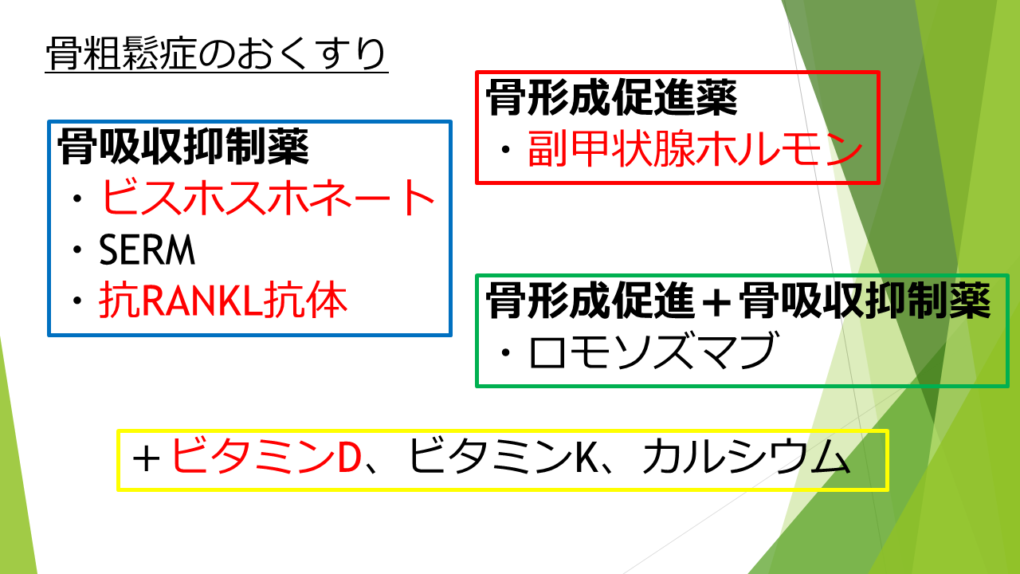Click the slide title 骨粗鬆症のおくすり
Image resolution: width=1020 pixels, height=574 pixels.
[216, 53]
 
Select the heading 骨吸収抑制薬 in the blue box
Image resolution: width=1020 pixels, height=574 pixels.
[183, 147]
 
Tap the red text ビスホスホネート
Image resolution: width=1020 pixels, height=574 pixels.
[269, 197]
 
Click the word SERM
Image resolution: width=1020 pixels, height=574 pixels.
[147, 250]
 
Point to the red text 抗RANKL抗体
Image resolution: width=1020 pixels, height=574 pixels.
[223, 299]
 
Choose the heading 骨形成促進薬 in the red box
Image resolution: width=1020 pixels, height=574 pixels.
[611, 97]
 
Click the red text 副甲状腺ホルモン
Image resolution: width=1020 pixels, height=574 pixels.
[695, 148]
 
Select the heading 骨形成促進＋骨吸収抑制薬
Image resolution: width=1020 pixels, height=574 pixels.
[738, 301]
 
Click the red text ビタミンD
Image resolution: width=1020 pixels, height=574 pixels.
[266, 457]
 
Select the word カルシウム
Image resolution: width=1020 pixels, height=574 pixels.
[747, 457]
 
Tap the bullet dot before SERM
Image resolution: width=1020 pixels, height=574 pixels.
[77, 250]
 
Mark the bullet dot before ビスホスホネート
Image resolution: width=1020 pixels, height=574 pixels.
[77, 199]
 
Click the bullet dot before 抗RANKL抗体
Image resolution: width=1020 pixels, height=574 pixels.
[77, 301]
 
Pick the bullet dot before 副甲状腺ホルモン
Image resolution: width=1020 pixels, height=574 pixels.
[505, 149]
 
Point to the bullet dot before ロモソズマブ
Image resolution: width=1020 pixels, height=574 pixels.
[505, 352]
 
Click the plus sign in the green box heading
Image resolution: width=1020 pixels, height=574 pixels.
[716, 301]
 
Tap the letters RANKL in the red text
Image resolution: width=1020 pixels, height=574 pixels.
[202, 301]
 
